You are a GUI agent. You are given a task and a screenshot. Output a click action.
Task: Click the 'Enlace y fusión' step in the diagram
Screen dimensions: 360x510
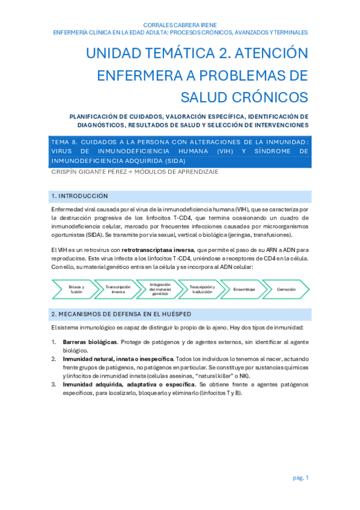(76, 289)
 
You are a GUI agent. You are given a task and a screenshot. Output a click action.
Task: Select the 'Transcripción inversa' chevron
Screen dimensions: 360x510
(118, 289)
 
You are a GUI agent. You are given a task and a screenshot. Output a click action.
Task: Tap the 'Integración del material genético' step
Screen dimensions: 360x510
(160, 289)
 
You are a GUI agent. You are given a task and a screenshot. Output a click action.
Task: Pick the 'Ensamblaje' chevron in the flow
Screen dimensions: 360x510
(244, 289)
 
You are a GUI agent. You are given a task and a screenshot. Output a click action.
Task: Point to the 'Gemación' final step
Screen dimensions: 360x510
(286, 289)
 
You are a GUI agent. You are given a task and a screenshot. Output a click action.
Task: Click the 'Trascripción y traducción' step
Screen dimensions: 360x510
(202, 289)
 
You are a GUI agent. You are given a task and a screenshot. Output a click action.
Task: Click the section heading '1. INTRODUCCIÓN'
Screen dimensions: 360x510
(80, 196)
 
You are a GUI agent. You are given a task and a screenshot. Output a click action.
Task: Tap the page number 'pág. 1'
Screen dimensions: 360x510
(301, 478)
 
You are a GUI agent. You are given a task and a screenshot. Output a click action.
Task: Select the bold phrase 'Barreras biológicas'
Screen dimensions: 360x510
(90, 342)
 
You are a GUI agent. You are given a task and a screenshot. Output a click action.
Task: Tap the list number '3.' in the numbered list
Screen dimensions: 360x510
(53, 384)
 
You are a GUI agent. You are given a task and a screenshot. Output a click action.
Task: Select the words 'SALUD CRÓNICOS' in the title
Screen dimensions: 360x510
(245, 96)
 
